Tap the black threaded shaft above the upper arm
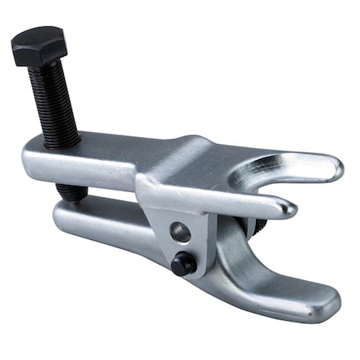click(54, 104)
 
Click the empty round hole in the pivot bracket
click(182, 233)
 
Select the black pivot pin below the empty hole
click(182, 265)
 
